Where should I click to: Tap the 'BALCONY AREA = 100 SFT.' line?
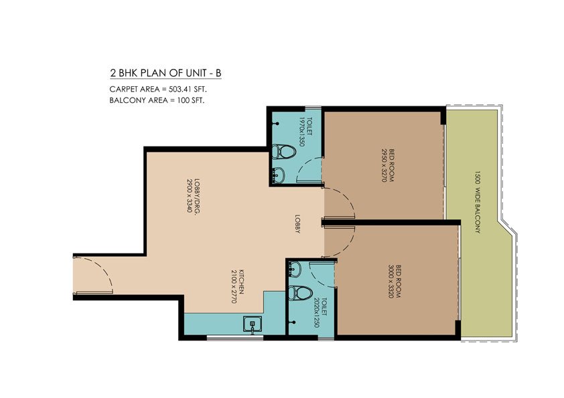click(157, 100)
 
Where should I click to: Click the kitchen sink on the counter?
click(253, 326)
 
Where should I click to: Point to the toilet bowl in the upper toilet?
click(283, 152)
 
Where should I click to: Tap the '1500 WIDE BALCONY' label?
click(478, 201)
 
